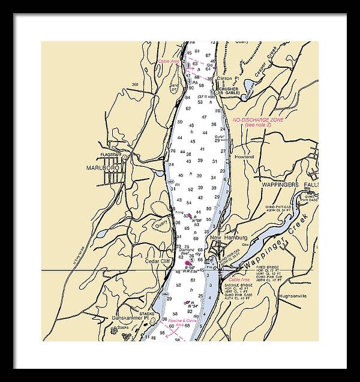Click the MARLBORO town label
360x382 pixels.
coord(100,168)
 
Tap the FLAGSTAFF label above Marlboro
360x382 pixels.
coord(111,155)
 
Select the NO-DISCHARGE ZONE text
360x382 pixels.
coord(259,121)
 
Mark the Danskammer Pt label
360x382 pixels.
coord(131,318)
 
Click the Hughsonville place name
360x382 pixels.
coord(296,296)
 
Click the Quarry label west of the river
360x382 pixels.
coord(161,225)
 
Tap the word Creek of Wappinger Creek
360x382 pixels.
coord(301,227)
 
